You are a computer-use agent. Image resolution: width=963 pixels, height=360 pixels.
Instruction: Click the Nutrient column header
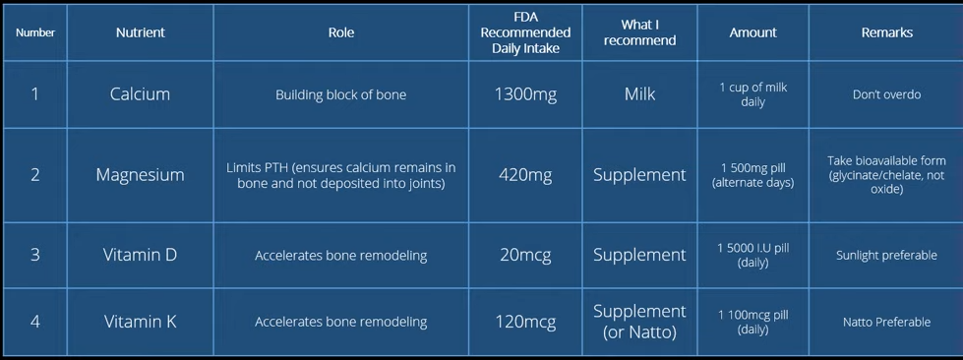[140, 33]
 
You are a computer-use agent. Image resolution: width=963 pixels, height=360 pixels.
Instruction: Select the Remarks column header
[887, 33]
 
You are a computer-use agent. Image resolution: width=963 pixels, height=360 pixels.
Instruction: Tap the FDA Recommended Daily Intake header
[525, 32]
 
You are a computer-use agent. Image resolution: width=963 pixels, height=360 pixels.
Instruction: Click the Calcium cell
[140, 94]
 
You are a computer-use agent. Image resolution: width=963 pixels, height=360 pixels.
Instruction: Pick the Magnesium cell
[140, 175]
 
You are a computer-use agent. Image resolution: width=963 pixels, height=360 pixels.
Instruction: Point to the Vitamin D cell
[140, 255]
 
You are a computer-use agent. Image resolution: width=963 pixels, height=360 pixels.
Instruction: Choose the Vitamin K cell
[140, 322]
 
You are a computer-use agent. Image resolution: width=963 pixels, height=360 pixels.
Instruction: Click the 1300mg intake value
[525, 94]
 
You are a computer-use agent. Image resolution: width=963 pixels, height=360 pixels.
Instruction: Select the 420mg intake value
[525, 176]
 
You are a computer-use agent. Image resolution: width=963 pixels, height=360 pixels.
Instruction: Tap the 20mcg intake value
[525, 255]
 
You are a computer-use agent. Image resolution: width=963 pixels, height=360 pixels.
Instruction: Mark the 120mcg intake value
[525, 322]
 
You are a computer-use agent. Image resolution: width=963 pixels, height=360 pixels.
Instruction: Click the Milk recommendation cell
[639, 94]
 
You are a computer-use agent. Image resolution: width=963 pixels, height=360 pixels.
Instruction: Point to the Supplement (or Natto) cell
[639, 322]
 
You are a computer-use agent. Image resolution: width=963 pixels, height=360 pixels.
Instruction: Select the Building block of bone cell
[341, 94]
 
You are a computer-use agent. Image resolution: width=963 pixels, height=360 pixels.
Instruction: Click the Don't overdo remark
[887, 94]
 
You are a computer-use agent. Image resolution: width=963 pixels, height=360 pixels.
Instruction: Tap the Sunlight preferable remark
[887, 255]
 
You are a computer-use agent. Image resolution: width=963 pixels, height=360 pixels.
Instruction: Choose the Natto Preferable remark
[887, 322]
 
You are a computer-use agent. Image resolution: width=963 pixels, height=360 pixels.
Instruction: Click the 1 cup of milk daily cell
[752, 94]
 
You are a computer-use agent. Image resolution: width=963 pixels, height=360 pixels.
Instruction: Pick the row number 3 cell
[35, 255]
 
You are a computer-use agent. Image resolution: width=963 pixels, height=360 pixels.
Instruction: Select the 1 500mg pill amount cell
[752, 175]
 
